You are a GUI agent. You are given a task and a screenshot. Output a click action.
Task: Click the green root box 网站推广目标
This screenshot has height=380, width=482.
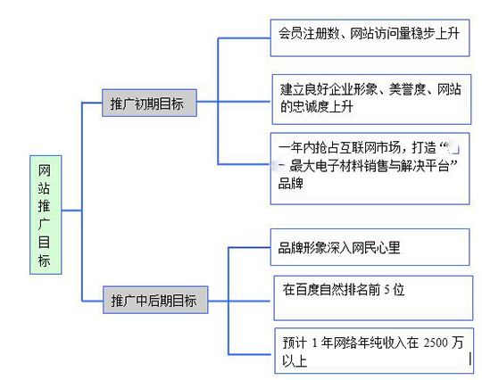tap(45, 213)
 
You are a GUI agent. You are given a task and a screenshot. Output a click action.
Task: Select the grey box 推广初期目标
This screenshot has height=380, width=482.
tap(148, 103)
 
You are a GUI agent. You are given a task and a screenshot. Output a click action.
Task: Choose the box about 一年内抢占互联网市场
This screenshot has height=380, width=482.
tap(368, 167)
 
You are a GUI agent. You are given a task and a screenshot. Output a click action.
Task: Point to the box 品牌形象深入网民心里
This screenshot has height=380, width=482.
tap(368, 247)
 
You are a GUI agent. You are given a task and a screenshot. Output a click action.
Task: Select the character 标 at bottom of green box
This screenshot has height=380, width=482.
tap(45, 260)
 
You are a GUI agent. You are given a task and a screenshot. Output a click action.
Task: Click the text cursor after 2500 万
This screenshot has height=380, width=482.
tap(470, 343)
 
